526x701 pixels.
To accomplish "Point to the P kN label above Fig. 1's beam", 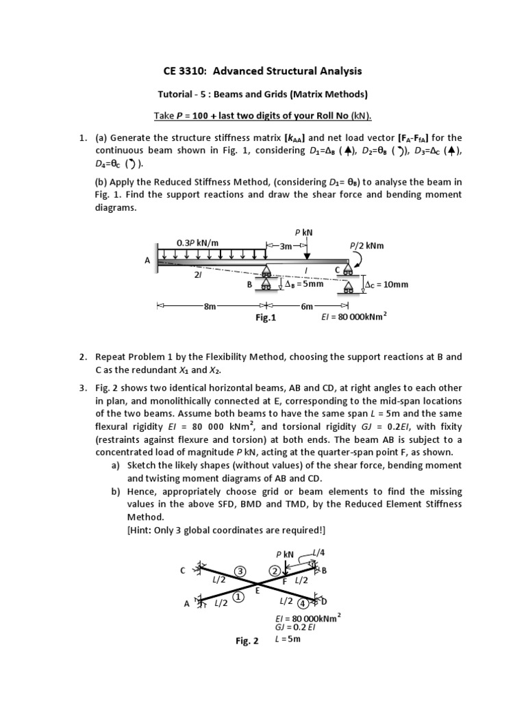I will pos(301,233).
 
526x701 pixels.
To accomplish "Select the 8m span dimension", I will pos(210,306).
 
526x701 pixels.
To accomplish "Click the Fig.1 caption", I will pos(264,318).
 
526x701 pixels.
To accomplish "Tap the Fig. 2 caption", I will pos(246,641).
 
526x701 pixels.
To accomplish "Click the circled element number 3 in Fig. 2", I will pos(240,571).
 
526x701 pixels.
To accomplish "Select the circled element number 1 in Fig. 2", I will pos(239,597).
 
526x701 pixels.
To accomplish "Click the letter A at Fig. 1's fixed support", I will pos(147,260).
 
